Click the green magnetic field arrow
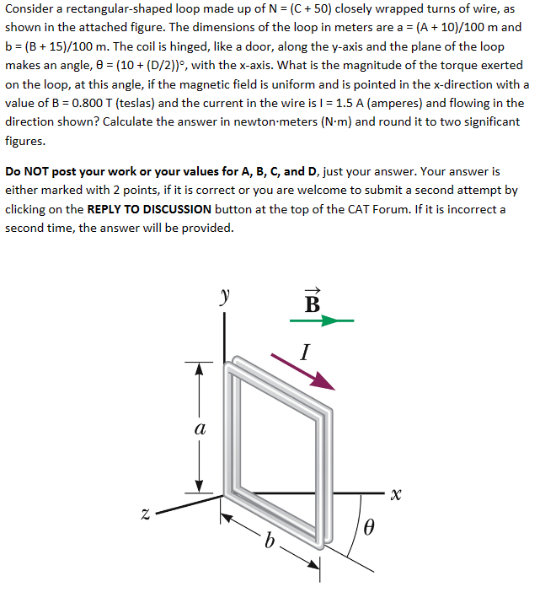pyautogui.click(x=321, y=320)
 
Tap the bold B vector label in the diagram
pyautogui.click(x=312, y=301)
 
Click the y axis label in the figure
pyautogui.click(x=224, y=297)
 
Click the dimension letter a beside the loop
pyautogui.click(x=199, y=428)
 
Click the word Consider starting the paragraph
pyautogui.click(x=31, y=8)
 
